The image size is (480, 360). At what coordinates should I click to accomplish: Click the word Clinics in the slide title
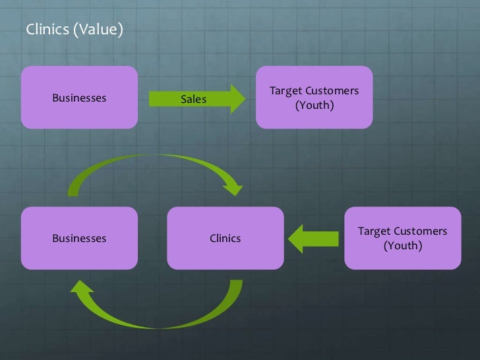coord(46,29)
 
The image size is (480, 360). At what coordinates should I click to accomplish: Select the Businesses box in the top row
coord(79,98)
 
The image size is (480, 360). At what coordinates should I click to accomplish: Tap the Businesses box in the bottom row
coord(79,238)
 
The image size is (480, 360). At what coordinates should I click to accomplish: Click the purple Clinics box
coord(225,238)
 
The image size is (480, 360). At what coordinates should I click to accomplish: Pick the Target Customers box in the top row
coord(314,98)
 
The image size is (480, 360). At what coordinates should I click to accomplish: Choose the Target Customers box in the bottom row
coord(402,238)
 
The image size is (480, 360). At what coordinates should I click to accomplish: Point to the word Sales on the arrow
coord(193,100)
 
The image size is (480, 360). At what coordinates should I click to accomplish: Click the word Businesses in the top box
coord(79,98)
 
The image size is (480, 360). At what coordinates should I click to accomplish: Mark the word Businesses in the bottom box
coord(79,238)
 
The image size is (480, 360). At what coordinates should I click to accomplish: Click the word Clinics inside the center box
coord(225,238)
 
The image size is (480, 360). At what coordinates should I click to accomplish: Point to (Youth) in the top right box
coord(314,105)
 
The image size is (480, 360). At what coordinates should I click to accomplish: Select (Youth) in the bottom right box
coord(402,246)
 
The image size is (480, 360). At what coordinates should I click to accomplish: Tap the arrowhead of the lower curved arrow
coord(82,291)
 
